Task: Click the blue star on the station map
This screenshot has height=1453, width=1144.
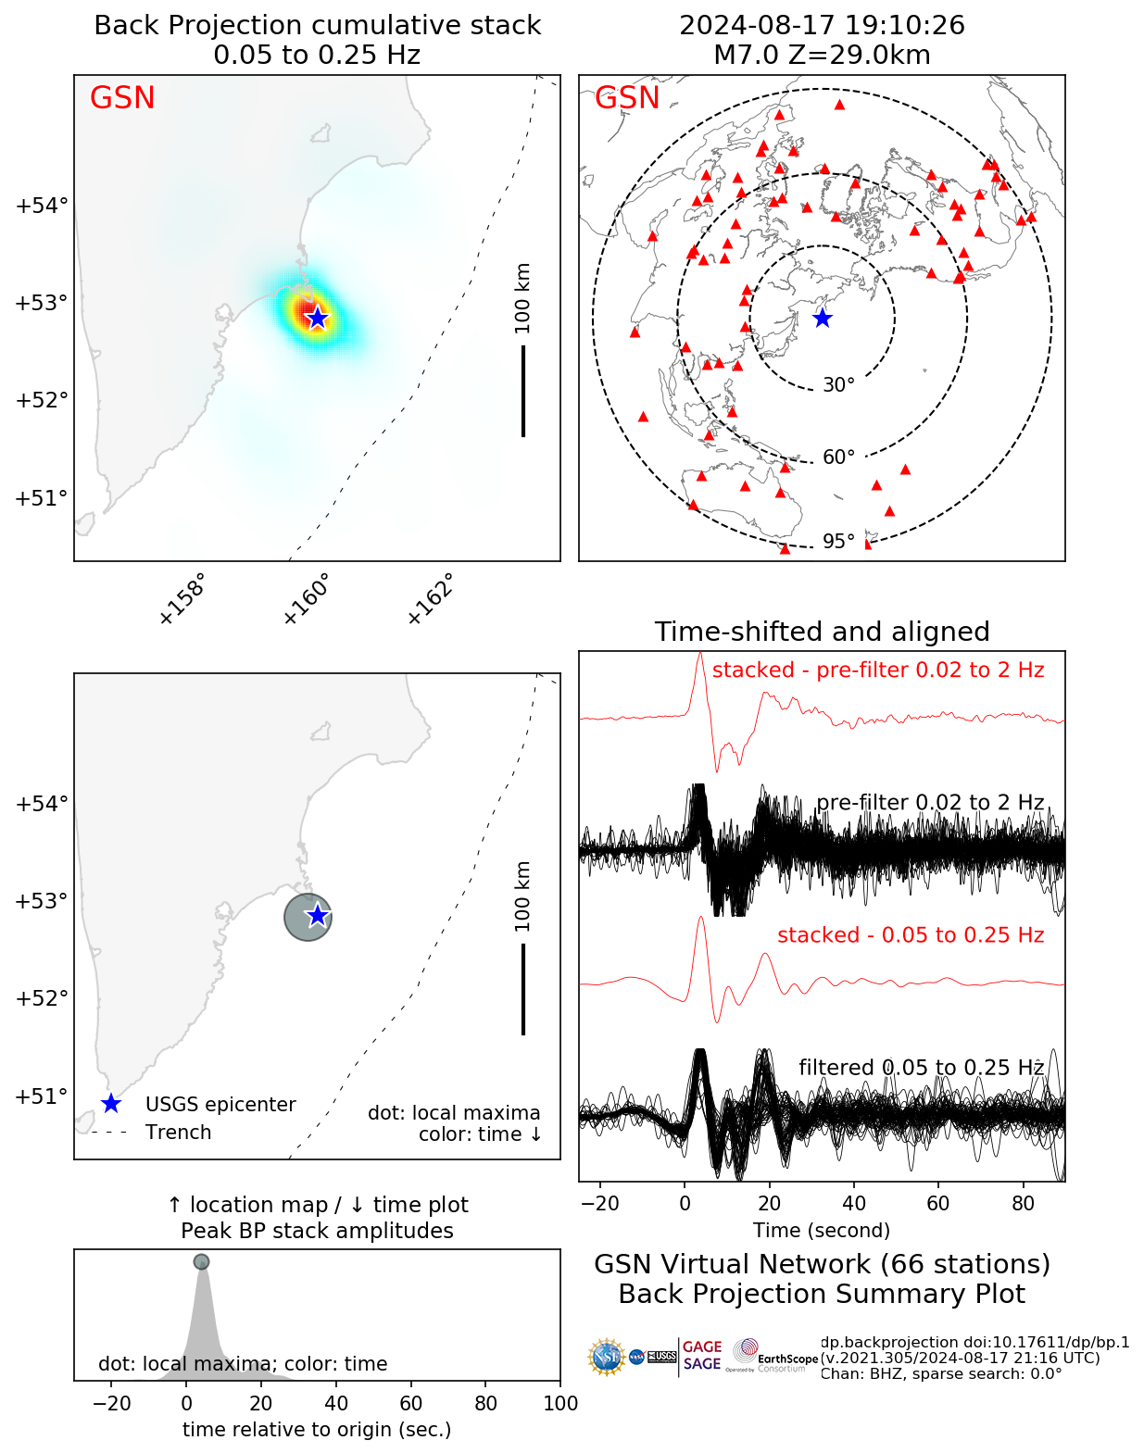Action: [822, 318]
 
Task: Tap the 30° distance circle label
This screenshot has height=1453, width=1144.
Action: [838, 385]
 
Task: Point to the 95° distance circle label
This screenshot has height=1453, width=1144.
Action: [838, 542]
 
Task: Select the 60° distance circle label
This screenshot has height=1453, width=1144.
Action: [838, 457]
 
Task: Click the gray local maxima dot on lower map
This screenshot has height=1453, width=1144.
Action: [307, 917]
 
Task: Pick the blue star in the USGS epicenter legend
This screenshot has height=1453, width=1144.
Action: [110, 1104]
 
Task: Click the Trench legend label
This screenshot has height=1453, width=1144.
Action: [178, 1133]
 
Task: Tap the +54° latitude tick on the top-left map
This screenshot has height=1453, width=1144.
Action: [42, 205]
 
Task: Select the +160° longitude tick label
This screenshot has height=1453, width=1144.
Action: [306, 599]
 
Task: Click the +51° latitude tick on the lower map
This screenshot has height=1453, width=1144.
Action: [42, 1096]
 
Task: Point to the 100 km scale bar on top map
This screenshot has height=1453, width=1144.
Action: [523, 390]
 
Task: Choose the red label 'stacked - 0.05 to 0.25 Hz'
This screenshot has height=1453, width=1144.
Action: [911, 935]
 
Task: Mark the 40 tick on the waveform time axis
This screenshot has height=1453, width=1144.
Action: [854, 1203]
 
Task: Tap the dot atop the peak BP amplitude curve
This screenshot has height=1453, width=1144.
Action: [201, 1261]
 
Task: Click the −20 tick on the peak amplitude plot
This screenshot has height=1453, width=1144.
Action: [111, 1403]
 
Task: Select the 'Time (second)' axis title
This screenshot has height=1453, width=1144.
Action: [822, 1231]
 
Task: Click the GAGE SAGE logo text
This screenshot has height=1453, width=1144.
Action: [702, 1356]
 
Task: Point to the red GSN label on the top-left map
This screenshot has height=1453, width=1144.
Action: [122, 98]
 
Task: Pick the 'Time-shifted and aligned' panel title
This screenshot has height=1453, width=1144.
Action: [822, 632]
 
